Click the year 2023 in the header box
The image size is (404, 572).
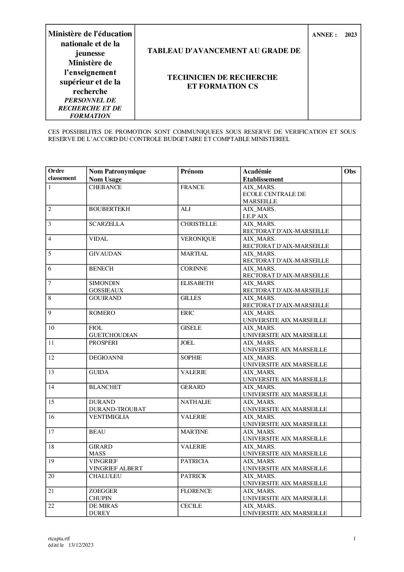point(351,35)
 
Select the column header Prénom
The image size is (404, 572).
point(192,172)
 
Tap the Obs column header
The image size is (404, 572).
point(350,172)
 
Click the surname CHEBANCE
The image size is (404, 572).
point(105,187)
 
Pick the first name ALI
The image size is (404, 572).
point(186,209)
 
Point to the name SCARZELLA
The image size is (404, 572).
point(107,224)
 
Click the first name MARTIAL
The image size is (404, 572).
point(194,254)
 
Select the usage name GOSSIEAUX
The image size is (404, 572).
point(106,290)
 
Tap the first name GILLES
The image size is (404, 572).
point(191,298)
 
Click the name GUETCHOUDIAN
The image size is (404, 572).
point(113,335)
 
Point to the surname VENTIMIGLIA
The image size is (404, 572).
point(109,417)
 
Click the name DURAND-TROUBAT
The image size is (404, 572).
point(117,409)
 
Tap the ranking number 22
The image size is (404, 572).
point(52,506)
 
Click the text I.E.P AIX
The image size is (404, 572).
point(255,216)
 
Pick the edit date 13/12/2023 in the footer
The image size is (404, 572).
point(81,545)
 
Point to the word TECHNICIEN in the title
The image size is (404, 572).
point(191,78)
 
